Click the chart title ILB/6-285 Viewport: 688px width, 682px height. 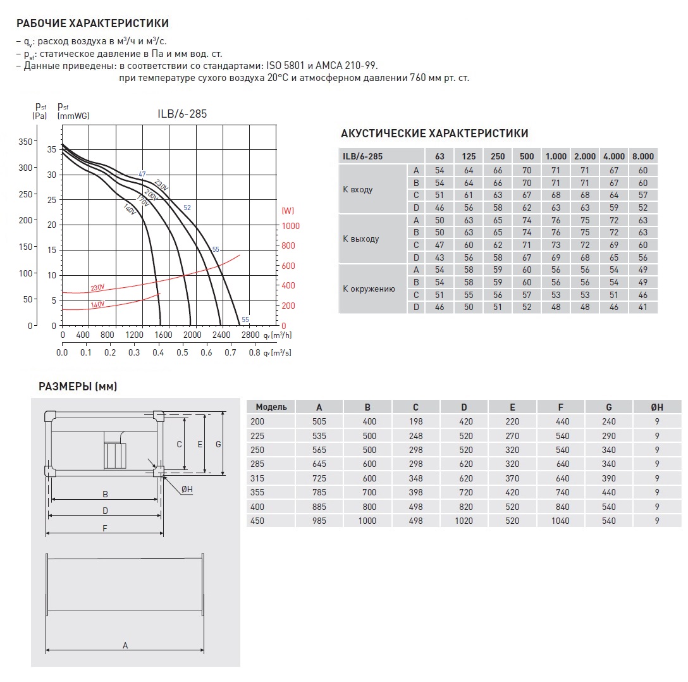(183, 115)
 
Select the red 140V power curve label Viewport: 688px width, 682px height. (97, 304)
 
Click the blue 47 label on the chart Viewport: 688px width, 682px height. (142, 174)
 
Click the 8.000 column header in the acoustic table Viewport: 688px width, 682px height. (642, 156)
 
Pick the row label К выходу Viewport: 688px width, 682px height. (361, 239)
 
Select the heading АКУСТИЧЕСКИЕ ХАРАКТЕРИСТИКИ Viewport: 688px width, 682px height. (434, 133)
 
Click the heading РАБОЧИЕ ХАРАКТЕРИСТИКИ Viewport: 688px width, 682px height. (92, 24)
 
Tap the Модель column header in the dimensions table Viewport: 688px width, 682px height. (271, 407)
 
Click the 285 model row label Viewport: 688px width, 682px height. (259, 464)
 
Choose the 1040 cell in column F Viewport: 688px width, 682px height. (560, 521)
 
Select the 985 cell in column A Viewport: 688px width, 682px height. (319, 521)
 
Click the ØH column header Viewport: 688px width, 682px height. (657, 407)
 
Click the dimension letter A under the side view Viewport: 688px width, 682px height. (125, 645)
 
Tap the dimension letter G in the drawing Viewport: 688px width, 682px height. (218, 444)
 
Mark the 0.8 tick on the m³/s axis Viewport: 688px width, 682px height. (254, 352)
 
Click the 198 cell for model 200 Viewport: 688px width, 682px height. (415, 421)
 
